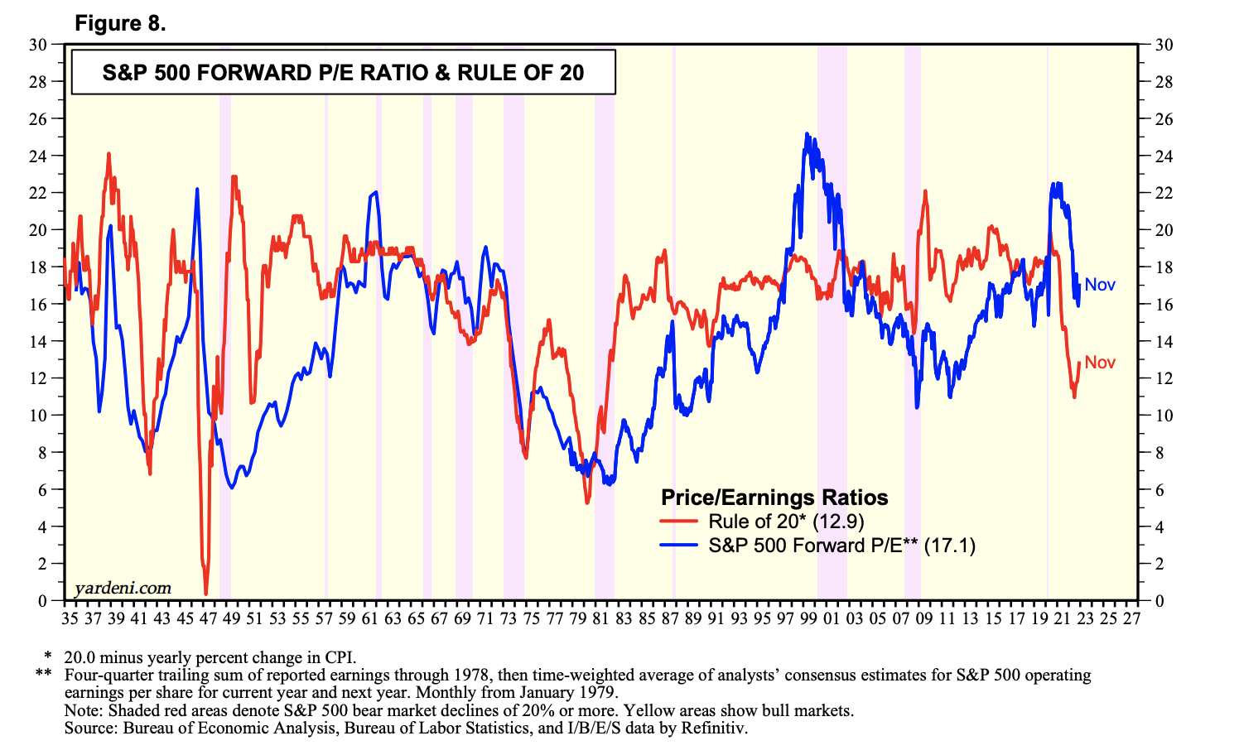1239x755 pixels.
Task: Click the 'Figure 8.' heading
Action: pyautogui.click(x=120, y=23)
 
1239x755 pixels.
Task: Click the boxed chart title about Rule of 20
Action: pyautogui.click(x=343, y=73)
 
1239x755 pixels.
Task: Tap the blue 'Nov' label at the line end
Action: pyautogui.click(x=1100, y=285)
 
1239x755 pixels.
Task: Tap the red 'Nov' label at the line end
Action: pyautogui.click(x=1100, y=363)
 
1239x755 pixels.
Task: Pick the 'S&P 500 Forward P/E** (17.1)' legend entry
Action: pyautogui.click(x=841, y=546)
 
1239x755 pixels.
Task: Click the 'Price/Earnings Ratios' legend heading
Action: pyautogui.click(x=774, y=498)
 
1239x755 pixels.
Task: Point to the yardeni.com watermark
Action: pyautogui.click(x=123, y=588)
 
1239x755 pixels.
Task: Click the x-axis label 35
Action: pyautogui.click(x=70, y=618)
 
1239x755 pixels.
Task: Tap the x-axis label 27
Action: pyautogui.click(x=1131, y=618)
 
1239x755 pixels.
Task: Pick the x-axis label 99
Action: pyautogui.click(x=808, y=618)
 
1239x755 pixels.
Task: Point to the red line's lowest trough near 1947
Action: pyautogui.click(x=205, y=594)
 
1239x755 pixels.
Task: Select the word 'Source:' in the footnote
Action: pyautogui.click(x=91, y=729)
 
